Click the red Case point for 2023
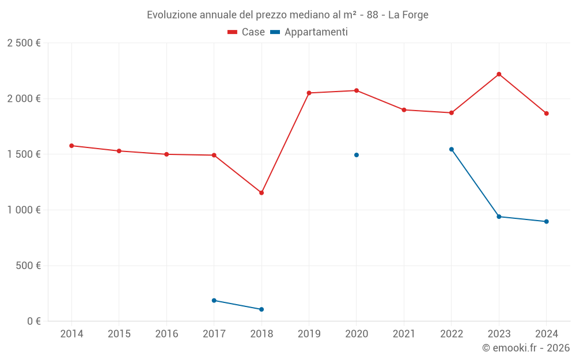click(499, 74)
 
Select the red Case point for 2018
click(262, 193)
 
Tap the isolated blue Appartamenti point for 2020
click(357, 155)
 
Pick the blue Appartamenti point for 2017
click(214, 301)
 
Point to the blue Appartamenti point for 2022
click(452, 149)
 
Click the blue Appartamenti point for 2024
click(546, 222)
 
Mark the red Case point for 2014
click(71, 146)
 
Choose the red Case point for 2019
click(309, 93)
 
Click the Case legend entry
click(247, 32)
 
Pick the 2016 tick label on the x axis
click(166, 334)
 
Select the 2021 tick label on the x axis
click(404, 334)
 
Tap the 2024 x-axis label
click(546, 334)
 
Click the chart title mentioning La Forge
click(287, 15)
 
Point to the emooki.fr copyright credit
click(525, 348)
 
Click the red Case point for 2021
click(404, 110)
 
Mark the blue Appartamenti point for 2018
click(262, 309)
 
